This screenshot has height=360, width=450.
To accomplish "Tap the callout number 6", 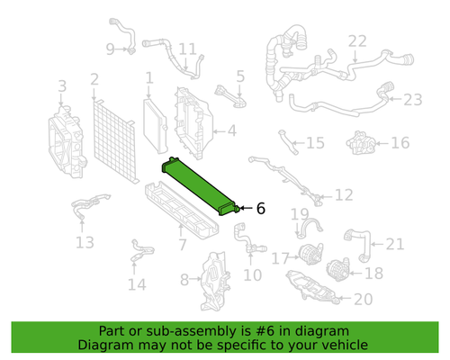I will click(261, 208).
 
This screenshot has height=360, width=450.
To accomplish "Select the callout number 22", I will click(357, 41).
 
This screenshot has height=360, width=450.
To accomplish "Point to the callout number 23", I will click(412, 99).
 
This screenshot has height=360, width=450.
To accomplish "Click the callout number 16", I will click(400, 142).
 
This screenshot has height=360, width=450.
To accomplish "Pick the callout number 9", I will click(110, 49).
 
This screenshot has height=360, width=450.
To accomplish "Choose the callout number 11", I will click(186, 49).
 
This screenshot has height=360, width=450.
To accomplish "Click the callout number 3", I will click(62, 85).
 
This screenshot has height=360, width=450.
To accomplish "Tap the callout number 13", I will click(84, 242).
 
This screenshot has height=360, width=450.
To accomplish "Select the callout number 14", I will click(136, 285).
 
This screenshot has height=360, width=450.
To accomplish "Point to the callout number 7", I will click(182, 244).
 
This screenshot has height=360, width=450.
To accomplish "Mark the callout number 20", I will click(363, 300).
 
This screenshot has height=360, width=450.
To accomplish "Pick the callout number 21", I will click(395, 243).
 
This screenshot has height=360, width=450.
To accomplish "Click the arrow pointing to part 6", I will click(245, 208).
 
